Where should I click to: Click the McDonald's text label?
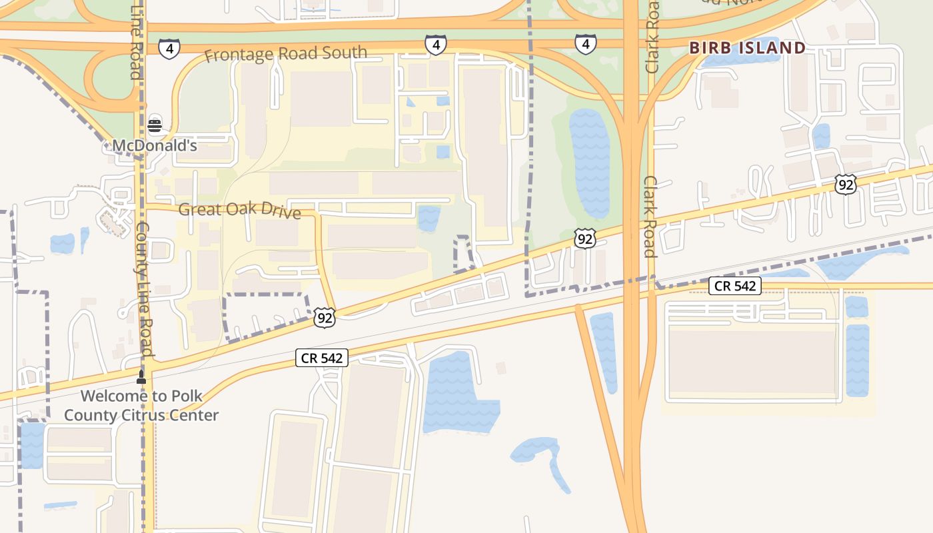tap(155, 145)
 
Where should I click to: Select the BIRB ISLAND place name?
tap(747, 48)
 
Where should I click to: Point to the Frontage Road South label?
tap(285, 53)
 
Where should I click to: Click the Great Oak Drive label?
tap(239, 211)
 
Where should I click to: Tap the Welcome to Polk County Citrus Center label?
tap(141, 406)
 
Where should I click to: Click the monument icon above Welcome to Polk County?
tap(141, 377)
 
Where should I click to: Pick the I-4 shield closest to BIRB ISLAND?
tap(585, 45)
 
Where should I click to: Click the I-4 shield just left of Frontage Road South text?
tap(169, 48)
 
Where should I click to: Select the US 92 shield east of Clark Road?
tap(845, 185)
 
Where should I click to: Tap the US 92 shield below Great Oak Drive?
tap(325, 318)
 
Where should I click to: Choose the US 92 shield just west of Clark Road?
tap(584, 239)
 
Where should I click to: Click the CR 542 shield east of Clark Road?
tap(734, 286)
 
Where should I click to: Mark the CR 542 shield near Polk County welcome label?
tap(322, 358)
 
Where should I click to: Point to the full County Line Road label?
tap(144, 290)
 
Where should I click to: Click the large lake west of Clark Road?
tap(589, 163)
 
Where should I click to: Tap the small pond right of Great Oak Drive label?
tap(429, 218)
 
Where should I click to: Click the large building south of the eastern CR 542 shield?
tap(753, 362)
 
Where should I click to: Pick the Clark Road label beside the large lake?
tap(650, 217)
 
